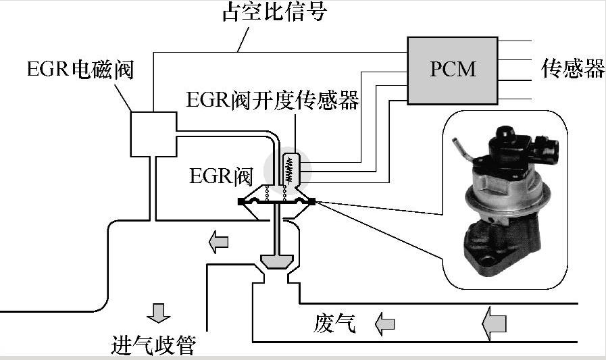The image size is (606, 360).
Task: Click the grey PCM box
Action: (x=452, y=69)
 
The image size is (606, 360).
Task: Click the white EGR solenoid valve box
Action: (x=153, y=134)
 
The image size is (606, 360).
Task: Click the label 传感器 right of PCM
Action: (x=572, y=68)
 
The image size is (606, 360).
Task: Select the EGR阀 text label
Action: (x=220, y=177)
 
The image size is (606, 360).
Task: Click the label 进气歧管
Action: (x=153, y=344)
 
